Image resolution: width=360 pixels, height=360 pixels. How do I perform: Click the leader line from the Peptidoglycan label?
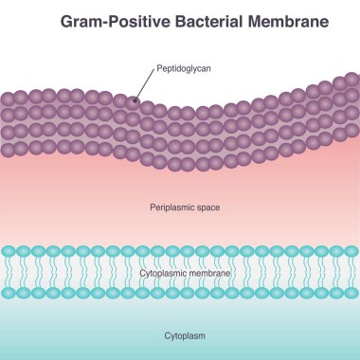(145, 84)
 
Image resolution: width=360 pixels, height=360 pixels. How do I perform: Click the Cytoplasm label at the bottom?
(180, 334)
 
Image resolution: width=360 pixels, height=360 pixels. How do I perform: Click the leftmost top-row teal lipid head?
(9, 252)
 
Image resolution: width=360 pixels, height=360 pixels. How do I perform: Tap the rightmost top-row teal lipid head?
(351, 252)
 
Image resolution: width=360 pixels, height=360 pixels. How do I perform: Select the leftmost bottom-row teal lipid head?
(9, 293)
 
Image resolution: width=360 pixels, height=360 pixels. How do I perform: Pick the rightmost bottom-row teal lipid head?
(351, 293)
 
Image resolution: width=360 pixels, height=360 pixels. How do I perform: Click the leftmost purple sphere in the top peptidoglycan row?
(8, 98)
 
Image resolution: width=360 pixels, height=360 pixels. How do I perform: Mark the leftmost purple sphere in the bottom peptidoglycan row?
(8, 149)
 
